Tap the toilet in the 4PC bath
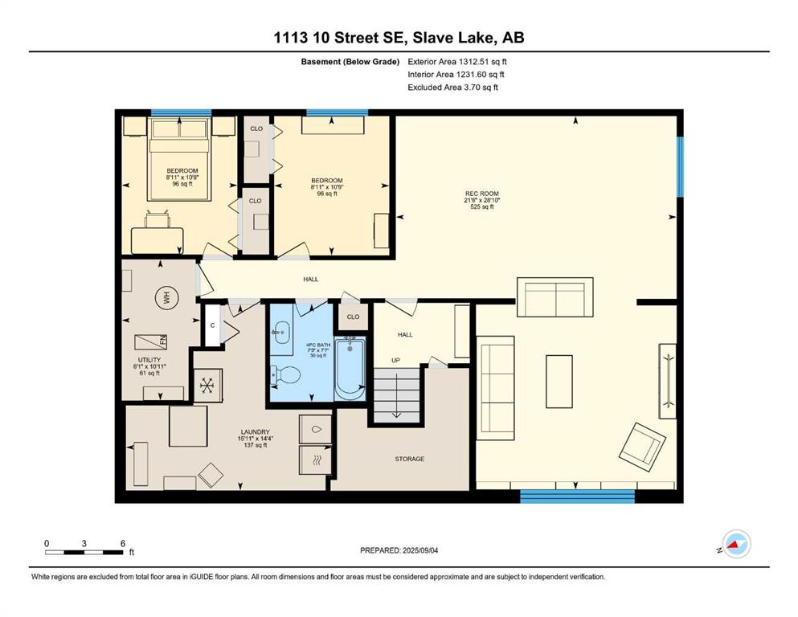tap(286, 375)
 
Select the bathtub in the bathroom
tap(350, 369)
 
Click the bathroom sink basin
tap(280, 332)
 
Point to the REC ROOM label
tap(482, 194)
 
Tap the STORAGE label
tap(410, 459)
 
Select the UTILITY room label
tap(149, 360)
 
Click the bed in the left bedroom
tap(179, 159)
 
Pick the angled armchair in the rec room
tap(643, 447)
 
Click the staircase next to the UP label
tap(397, 394)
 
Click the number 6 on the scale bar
tap(123, 543)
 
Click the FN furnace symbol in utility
tap(151, 341)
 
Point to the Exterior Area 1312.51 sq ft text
tap(457, 62)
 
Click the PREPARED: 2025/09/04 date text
tap(399, 550)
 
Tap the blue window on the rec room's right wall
tap(680, 166)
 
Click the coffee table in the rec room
tap(559, 382)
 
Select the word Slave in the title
tap(432, 38)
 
